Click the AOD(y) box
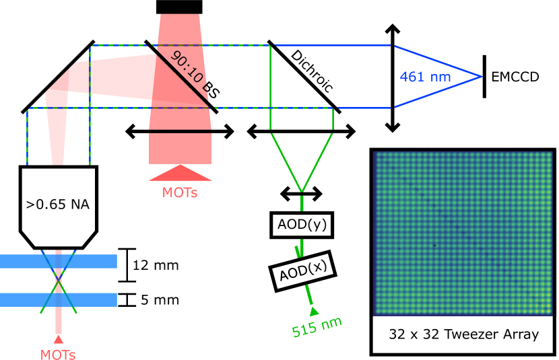pos(302,225)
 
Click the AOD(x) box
pos(303,271)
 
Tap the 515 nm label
pos(317,326)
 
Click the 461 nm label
pos(425,77)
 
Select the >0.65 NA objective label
pos(58,204)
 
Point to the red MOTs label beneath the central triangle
pos(180,192)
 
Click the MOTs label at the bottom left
pos(58,354)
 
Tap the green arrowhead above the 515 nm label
pos(314,311)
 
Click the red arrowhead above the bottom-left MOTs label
pos(59,339)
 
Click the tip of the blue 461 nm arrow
pos(481,76)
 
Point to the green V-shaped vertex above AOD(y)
pos(302,191)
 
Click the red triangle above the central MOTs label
pos(180,174)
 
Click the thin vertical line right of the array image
pos(556,233)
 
